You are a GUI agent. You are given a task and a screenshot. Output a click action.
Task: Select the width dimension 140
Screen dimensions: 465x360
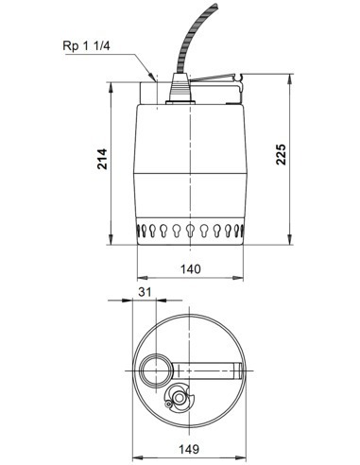(192, 270)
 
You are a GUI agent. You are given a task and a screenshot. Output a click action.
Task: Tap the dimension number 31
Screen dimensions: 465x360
(144, 295)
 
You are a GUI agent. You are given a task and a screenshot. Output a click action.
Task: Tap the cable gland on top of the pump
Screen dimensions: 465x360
(177, 89)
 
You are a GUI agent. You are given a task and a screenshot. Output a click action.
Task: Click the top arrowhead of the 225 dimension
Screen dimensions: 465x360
(292, 81)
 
